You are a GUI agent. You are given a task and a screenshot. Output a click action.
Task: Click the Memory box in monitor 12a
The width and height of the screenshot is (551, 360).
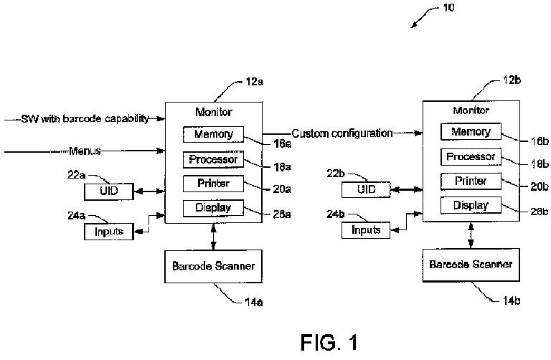(213, 134)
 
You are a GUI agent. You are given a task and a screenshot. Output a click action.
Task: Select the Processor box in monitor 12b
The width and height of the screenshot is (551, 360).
(471, 156)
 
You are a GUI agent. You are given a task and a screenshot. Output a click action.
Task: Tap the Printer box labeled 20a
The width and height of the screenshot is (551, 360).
(213, 184)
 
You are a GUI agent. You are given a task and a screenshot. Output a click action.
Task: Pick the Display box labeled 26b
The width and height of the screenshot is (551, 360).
(471, 205)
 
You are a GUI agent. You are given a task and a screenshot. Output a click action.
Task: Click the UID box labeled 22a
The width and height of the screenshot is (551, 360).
(109, 191)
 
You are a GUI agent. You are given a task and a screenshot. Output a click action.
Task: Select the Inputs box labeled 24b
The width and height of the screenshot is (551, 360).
(366, 230)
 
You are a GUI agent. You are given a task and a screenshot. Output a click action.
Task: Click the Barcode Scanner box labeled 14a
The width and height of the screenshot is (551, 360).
(213, 266)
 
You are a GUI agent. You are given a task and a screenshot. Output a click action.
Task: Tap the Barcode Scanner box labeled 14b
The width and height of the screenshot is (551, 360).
(471, 265)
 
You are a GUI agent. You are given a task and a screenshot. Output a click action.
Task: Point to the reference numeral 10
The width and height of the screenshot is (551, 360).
(448, 7)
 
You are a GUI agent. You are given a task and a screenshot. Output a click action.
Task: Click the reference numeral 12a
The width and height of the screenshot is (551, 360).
(255, 82)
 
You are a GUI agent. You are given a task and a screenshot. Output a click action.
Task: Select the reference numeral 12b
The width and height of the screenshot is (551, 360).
(512, 80)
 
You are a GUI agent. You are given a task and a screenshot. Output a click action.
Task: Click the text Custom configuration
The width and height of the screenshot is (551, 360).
(342, 133)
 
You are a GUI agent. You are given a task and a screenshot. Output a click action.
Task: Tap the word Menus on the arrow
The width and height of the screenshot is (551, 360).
(85, 151)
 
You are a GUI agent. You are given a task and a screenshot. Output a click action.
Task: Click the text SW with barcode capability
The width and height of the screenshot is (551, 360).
(85, 119)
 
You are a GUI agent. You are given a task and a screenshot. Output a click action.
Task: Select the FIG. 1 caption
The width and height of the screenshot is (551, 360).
(329, 342)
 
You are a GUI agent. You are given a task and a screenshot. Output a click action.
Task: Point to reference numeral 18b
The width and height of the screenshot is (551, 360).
(540, 164)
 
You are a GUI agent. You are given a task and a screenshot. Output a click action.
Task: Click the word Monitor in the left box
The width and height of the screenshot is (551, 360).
(214, 112)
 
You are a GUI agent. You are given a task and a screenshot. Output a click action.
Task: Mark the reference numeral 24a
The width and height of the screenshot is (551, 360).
(76, 215)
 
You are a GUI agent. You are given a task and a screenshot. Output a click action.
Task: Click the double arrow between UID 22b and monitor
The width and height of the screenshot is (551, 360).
(407, 189)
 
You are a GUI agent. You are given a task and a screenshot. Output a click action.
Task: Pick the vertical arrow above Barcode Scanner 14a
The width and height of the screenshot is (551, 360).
(213, 237)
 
